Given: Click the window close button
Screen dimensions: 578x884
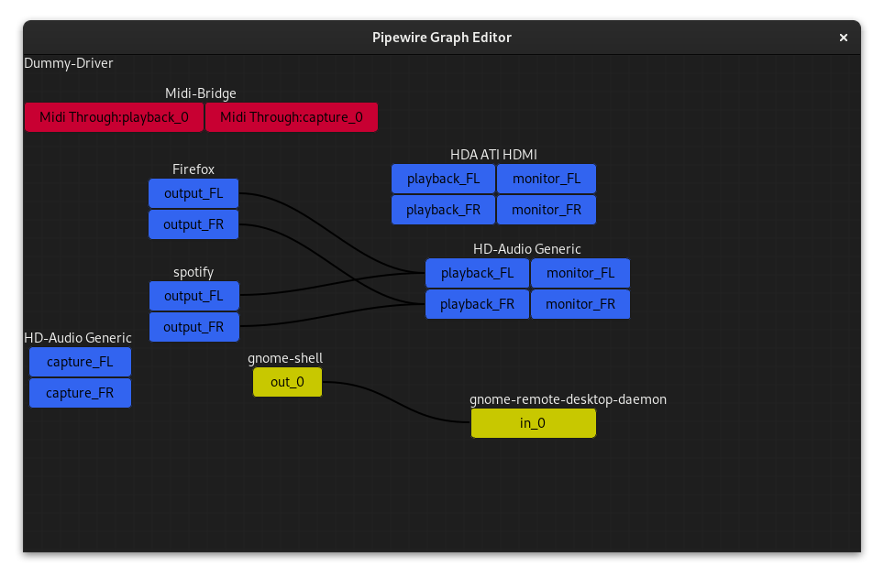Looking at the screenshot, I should coord(843,38).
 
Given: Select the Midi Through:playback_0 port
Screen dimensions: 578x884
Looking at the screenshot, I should coord(114,117).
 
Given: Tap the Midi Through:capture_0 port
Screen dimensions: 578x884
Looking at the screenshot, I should coord(292,117).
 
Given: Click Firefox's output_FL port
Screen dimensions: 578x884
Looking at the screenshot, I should coord(193,193).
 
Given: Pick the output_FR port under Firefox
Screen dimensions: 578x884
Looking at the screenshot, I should coord(193,224).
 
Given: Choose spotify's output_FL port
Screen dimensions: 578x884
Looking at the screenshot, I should coord(193,296).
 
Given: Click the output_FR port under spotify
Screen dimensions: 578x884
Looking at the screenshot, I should coord(193,327).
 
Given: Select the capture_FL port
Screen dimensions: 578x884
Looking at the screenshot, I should coord(80,362).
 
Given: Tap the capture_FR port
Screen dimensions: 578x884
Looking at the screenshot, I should coord(80,393).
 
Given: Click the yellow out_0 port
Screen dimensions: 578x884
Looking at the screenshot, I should coord(287,382).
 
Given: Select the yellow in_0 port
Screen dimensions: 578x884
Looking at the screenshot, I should coord(533,423).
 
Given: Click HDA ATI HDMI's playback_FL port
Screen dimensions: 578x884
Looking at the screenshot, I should coord(443,179).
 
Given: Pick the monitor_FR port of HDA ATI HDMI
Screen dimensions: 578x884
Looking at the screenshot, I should coord(547,210).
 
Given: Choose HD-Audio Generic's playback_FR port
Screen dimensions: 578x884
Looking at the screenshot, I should coord(477,304).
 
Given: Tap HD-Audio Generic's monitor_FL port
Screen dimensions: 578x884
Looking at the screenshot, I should coord(580,273).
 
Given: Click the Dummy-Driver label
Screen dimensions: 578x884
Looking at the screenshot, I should coord(69,63).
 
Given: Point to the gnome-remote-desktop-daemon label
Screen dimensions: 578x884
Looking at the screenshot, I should coord(568,399).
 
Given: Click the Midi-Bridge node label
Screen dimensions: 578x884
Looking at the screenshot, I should coord(201,93).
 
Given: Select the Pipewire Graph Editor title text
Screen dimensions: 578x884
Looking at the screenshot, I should coord(442,38).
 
